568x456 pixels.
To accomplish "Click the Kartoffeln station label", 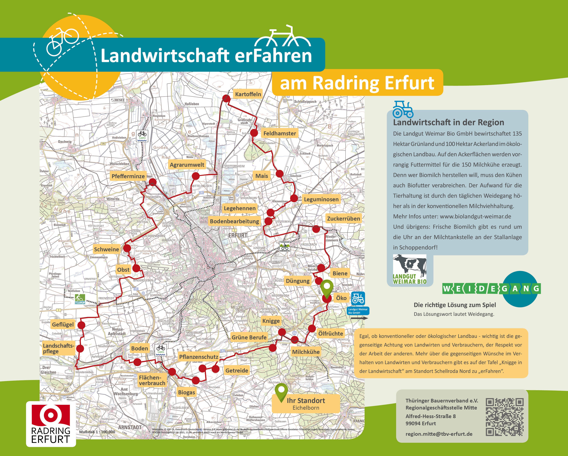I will click(x=248, y=94).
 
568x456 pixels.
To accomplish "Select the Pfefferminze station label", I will click(x=128, y=176).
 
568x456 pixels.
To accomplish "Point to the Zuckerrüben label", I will click(x=343, y=219).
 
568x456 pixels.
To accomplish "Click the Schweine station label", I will click(x=106, y=249).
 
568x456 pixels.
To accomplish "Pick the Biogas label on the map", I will click(x=187, y=392).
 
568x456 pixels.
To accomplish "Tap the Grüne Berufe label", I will click(x=249, y=337).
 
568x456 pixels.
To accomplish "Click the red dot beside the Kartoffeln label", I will click(x=226, y=98).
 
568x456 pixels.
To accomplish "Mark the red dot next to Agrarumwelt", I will click(x=195, y=176).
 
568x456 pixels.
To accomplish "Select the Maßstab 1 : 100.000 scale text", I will click(x=97, y=432).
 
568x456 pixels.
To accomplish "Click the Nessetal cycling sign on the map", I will click(x=80, y=299).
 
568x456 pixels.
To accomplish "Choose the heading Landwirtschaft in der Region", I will click(x=448, y=122).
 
